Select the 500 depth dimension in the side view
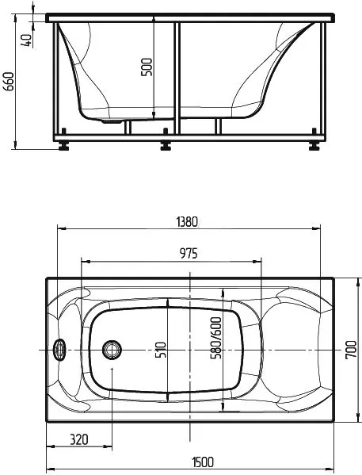click(x=146, y=67)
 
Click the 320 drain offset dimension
click(x=78, y=439)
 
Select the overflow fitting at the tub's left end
click(x=58, y=348)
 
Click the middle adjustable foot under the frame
click(x=166, y=145)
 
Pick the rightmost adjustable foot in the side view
click(x=314, y=145)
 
